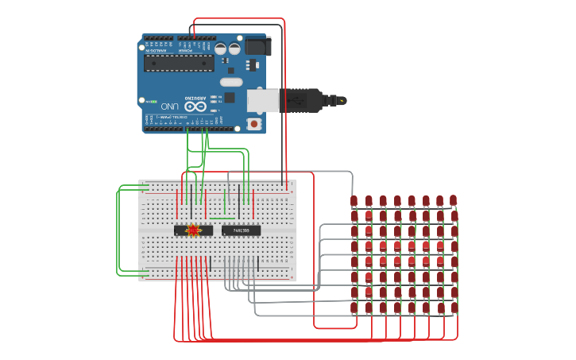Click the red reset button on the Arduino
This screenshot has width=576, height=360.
(x=254, y=123)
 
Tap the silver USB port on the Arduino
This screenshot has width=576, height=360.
(x=263, y=100)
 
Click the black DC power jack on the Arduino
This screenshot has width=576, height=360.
(x=257, y=46)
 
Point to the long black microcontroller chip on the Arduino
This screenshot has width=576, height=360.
(x=179, y=63)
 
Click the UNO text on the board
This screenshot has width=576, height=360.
(x=169, y=106)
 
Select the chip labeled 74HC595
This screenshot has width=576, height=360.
(x=241, y=230)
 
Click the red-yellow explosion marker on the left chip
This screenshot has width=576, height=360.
(x=193, y=230)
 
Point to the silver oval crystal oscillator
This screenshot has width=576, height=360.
(x=231, y=82)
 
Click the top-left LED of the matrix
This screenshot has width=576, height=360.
(x=354, y=201)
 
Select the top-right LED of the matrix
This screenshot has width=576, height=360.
(x=454, y=201)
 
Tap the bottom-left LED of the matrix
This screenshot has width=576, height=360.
(x=354, y=308)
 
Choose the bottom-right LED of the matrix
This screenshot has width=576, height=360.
(x=454, y=308)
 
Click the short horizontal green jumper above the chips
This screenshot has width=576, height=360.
(x=222, y=218)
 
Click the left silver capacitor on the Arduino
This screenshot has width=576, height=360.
(x=220, y=48)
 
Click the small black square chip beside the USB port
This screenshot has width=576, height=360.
(x=230, y=97)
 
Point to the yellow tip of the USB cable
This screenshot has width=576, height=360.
(x=342, y=100)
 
